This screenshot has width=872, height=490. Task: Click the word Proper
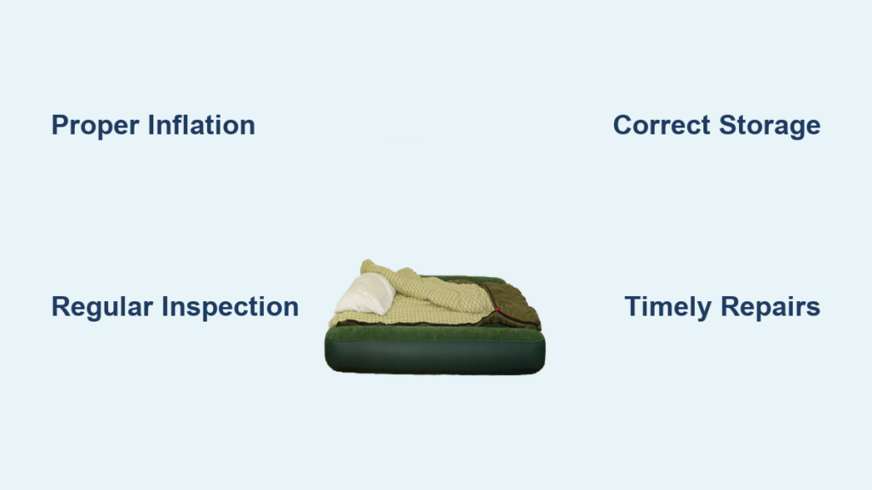95,126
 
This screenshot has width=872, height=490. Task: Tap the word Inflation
201,125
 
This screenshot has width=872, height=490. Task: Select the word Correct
662,125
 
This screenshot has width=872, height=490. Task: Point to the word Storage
770,126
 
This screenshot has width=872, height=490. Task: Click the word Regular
102,307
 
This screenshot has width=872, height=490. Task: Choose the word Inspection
230,307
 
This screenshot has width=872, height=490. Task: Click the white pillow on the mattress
365,293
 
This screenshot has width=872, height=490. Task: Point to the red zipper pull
496,310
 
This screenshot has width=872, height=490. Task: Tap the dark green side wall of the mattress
435,356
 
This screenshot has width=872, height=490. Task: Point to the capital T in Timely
634,306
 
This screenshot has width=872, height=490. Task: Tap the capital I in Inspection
164,306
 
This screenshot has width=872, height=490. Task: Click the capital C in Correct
623,125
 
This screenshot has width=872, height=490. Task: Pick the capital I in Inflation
151,125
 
